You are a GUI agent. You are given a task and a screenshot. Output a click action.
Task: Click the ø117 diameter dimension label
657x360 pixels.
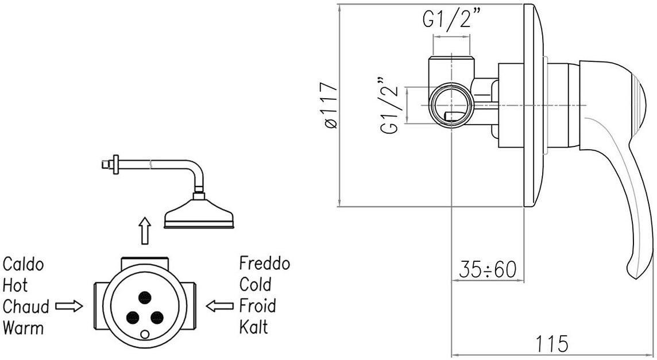click(328, 105)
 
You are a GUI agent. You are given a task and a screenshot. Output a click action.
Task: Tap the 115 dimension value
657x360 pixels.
click(552, 344)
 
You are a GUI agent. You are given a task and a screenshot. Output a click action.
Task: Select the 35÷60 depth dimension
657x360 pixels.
click(488, 269)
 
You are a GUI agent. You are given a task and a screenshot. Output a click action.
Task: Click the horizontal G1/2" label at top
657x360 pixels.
click(451, 20)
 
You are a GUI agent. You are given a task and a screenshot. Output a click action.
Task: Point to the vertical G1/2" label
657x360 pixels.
click(390, 105)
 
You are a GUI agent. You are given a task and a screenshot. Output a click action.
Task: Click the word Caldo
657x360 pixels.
click(23, 265)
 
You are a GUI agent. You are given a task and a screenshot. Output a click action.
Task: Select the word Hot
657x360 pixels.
click(15, 285)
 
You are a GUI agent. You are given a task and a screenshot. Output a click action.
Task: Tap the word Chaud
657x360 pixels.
click(26, 307)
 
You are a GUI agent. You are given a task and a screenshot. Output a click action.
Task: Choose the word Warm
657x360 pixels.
click(23, 327)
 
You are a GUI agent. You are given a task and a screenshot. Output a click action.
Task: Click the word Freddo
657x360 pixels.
click(265, 263)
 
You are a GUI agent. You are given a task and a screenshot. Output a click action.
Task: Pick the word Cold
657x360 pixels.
click(255, 285)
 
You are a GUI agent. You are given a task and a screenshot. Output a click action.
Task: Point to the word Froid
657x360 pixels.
click(258, 305)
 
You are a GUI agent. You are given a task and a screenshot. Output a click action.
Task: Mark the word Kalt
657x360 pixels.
click(253, 327)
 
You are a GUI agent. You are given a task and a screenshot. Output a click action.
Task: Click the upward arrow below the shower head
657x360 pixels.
click(145, 230)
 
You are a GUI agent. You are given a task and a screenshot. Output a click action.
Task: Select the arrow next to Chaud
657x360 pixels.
click(69, 307)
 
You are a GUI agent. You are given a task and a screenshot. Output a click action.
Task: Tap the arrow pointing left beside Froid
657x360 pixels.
click(219, 306)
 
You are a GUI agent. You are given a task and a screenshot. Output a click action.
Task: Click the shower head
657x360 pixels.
click(199, 214)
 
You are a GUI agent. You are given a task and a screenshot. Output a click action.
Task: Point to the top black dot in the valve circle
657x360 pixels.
click(145, 297)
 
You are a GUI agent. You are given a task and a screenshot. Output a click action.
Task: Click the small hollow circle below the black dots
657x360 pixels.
click(145, 334)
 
